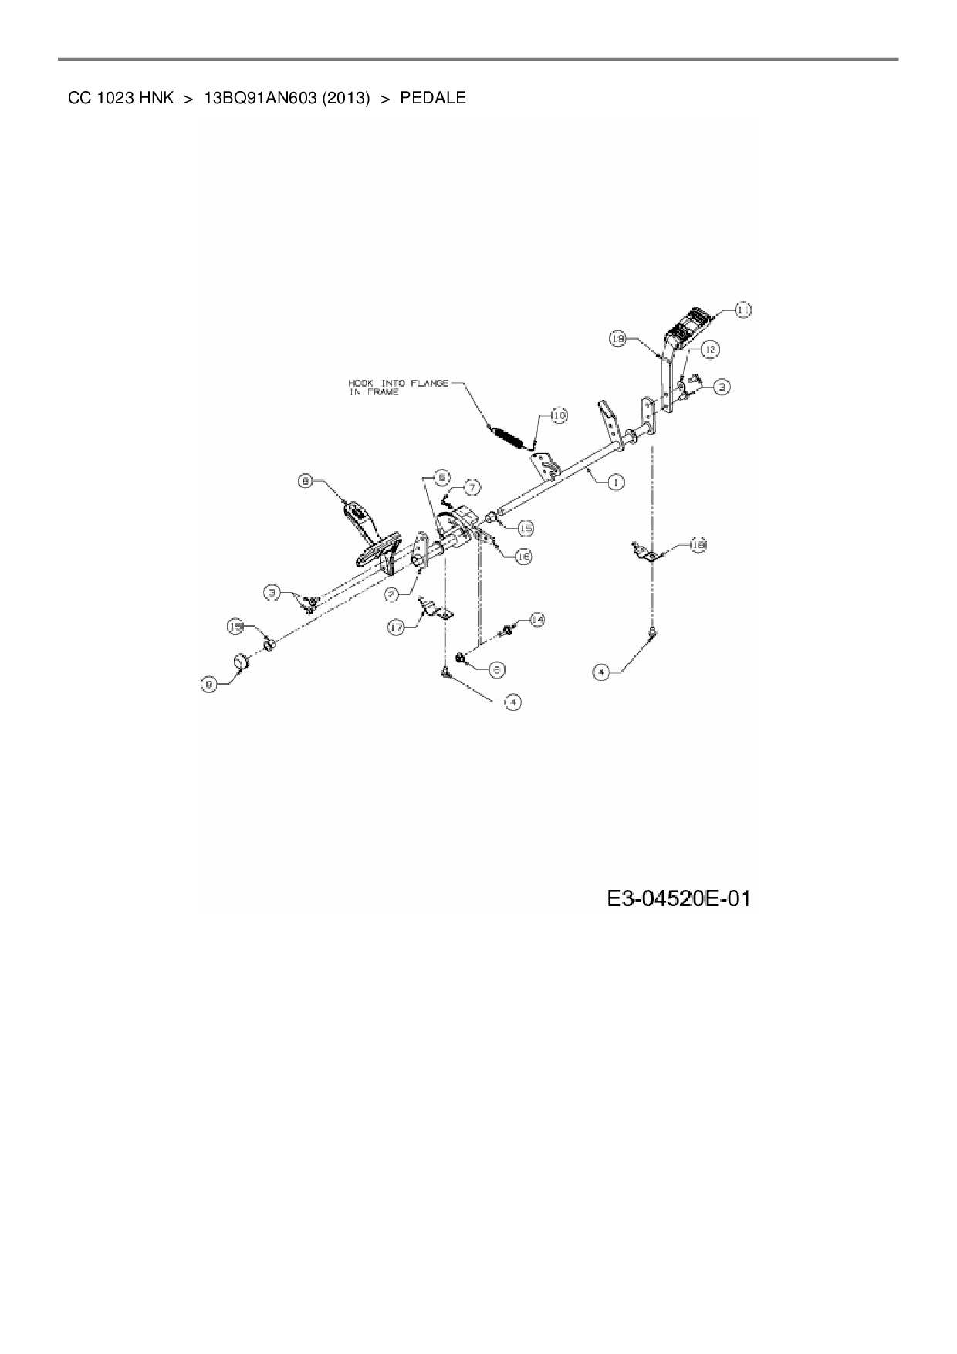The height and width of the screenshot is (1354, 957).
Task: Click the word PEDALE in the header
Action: [432, 99]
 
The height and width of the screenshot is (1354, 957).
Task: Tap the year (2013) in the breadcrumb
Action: [346, 99]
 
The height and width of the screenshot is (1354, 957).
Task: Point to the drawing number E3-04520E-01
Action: [678, 899]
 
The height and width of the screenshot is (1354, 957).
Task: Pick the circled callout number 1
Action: [615, 482]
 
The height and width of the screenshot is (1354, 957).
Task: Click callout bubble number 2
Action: [392, 594]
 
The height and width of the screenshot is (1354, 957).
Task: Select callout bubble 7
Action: [471, 487]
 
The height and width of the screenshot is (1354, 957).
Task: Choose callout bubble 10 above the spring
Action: [559, 415]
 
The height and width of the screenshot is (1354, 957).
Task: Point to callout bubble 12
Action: [709, 350]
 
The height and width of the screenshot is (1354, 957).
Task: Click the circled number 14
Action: [536, 619]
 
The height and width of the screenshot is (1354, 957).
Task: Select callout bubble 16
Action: [522, 556]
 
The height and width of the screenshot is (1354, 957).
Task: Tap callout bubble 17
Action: [397, 628]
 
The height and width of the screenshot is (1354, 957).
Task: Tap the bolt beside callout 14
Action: [509, 631]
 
